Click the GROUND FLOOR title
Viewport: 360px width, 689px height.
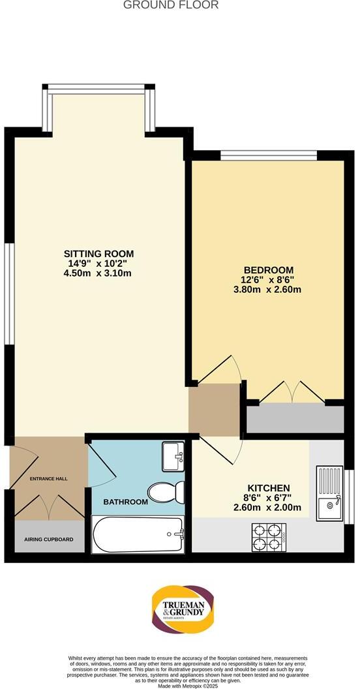[171, 5]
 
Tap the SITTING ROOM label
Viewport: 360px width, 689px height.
[98, 253]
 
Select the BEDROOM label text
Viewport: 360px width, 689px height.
[268, 269]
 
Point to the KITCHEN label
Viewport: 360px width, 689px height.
[268, 488]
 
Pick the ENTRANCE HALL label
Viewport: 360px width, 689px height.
[49, 479]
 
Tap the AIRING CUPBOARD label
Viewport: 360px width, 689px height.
[49, 540]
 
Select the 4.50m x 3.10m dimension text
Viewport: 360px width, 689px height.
[98, 273]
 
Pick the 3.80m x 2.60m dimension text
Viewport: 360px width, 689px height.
[268, 289]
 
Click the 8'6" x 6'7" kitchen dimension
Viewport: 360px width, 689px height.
[268, 498]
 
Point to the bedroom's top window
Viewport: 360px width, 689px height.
[268, 155]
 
